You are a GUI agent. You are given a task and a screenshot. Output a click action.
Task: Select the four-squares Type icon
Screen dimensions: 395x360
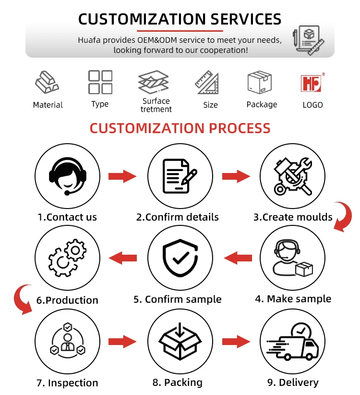pyautogui.click(x=100, y=82)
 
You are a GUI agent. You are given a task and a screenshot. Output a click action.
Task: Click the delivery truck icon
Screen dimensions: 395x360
pyautogui.click(x=292, y=342)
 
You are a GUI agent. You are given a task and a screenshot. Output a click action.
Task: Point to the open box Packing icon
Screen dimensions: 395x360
pyautogui.click(x=180, y=342)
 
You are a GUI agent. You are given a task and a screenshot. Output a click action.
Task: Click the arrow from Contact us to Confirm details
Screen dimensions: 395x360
pyautogui.click(x=122, y=176)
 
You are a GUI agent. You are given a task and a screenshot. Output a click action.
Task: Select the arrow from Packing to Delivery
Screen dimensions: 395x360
pyautogui.click(x=236, y=342)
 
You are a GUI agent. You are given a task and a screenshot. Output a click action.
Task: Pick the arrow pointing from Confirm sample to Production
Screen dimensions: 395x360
pyautogui.click(x=122, y=258)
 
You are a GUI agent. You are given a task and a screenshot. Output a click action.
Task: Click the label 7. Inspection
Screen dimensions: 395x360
pyautogui.click(x=67, y=383)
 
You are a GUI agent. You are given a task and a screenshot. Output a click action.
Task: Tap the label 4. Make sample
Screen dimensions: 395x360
pyautogui.click(x=293, y=299)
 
